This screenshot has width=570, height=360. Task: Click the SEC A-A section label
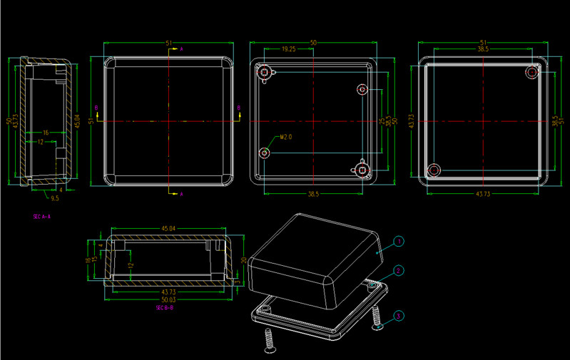[41, 215]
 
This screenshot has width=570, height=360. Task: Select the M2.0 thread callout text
[285, 136]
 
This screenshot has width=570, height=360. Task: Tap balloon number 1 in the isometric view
[399, 242]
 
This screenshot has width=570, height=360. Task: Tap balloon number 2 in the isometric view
[399, 270]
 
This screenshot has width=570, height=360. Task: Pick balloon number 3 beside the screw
[399, 314]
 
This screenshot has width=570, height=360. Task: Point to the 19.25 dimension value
[289, 49]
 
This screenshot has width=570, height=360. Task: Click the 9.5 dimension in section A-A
[54, 197]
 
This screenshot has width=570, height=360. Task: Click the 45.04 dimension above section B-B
[168, 229]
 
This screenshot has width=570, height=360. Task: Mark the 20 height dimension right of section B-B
[243, 259]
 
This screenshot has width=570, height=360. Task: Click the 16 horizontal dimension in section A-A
[46, 133]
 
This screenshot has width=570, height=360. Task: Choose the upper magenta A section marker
[181, 48]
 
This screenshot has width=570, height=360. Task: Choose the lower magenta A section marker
[181, 194]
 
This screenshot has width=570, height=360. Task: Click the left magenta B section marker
[96, 107]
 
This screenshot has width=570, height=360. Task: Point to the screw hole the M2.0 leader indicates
[265, 153]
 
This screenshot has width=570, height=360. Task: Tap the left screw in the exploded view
[270, 341]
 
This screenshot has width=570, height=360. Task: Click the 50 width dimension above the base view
[312, 43]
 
